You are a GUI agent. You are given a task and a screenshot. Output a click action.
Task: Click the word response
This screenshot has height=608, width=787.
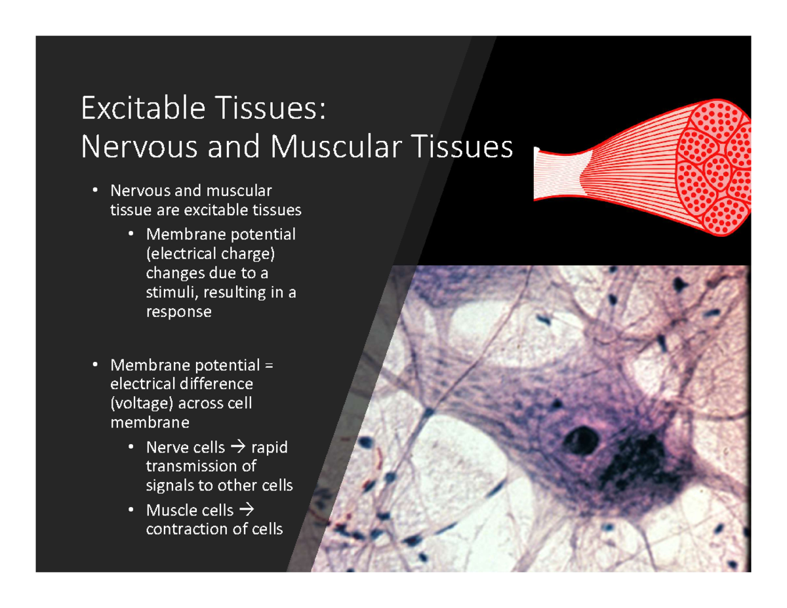[x=178, y=312]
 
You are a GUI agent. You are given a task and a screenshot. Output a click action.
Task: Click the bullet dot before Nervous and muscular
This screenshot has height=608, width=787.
[x=95, y=191]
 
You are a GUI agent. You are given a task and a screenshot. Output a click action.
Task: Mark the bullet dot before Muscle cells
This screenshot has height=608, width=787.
[x=131, y=510]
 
